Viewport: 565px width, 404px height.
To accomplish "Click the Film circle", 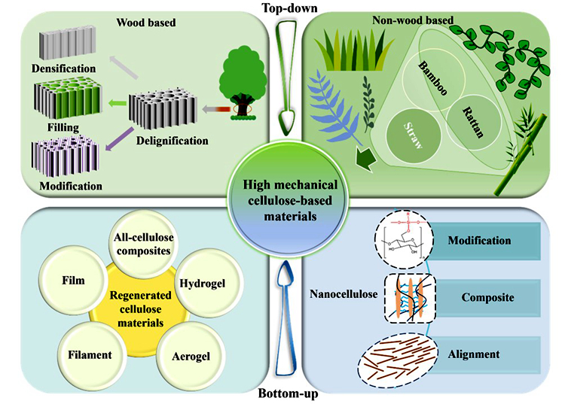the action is (x=74, y=281).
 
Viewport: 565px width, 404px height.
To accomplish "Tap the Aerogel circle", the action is (x=191, y=355).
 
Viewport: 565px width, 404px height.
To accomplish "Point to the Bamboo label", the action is (x=432, y=78).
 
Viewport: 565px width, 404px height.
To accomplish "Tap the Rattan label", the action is (x=473, y=123).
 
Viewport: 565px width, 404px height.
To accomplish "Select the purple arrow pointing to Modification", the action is (x=119, y=139).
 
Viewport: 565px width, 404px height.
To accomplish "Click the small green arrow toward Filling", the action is (x=117, y=104).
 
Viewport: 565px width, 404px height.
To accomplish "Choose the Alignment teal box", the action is (x=484, y=354).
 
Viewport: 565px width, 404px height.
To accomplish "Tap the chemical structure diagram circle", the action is (x=404, y=239).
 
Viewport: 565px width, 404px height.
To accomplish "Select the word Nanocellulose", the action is (x=344, y=294).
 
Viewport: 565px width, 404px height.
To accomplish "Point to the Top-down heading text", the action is (x=290, y=8).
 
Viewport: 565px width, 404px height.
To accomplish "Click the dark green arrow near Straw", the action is (x=365, y=158).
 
